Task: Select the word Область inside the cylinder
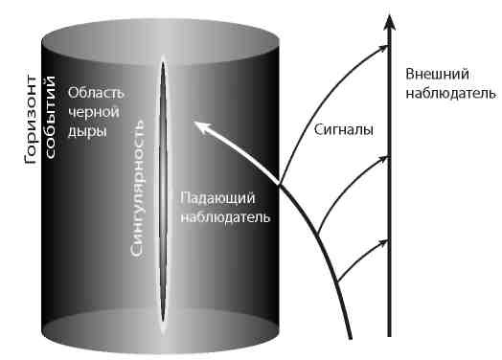click(97, 94)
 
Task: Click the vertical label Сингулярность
click(139, 187)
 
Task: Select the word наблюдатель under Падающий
click(225, 217)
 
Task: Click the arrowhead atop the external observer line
click(388, 22)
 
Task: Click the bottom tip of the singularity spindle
click(163, 331)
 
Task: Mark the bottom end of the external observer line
click(388, 336)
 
